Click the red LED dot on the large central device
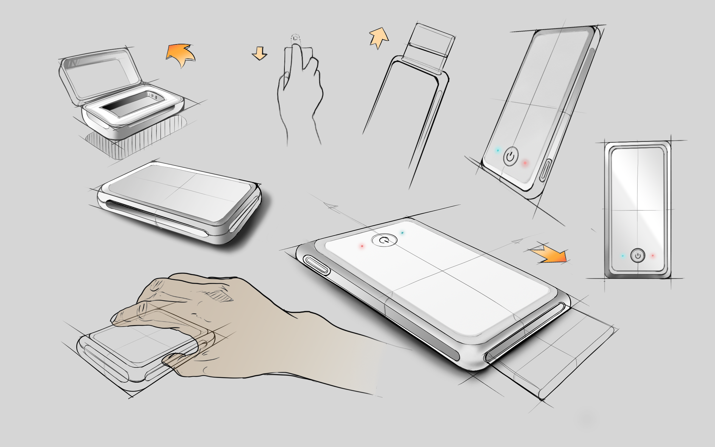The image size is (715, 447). tap(362, 246)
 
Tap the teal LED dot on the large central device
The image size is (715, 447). tap(402, 233)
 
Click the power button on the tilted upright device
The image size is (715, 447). tap(511, 156)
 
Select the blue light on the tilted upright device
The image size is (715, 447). tap(498, 150)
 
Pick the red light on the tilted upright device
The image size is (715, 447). tap(525, 163)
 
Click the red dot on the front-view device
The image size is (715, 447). tap(652, 256)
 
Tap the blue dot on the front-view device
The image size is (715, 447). tap(623, 256)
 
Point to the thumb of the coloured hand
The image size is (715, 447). tap(176, 361)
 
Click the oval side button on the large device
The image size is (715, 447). tap(316, 265)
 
